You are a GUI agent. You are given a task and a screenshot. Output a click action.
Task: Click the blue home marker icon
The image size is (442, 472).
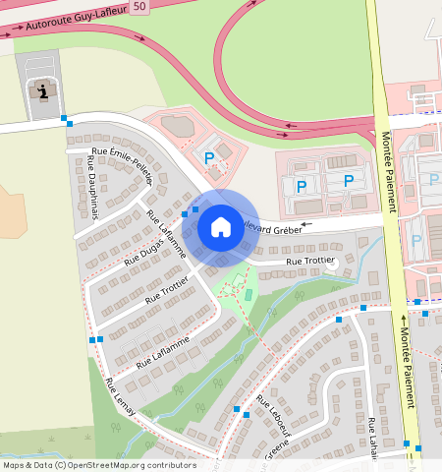221,228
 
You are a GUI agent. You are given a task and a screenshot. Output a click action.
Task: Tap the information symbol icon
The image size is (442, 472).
41,91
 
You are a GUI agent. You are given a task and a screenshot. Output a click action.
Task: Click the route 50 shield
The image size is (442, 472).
140,7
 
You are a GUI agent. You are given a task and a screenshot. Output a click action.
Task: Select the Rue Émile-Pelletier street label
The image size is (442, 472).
122,162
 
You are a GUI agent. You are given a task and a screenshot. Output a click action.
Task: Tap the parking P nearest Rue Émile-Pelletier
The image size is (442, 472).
208,157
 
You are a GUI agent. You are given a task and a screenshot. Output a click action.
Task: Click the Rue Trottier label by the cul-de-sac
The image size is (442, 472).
310,263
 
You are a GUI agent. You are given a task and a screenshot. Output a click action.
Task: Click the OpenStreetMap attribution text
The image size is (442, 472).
98,465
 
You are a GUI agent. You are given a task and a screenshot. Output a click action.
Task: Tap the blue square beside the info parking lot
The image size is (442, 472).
65,120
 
